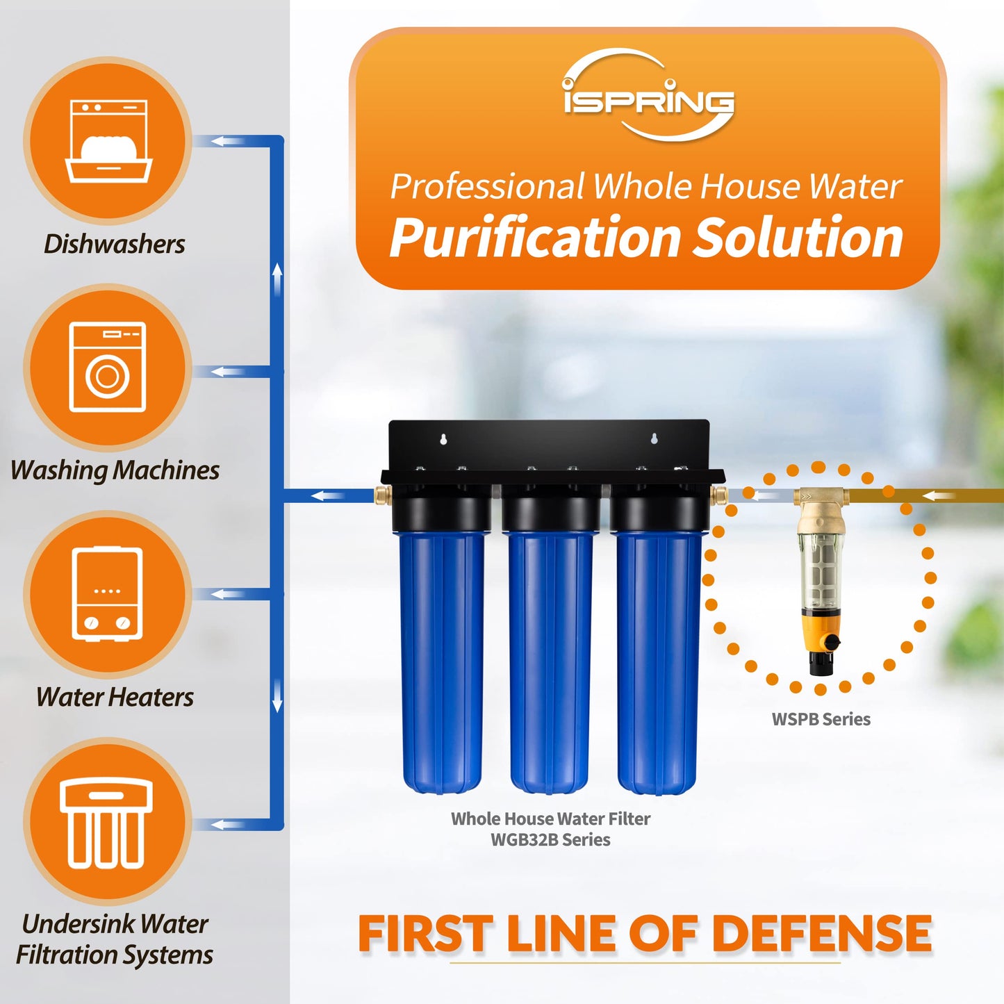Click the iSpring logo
coord(648,97)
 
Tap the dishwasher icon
coord(108,142)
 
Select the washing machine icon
coord(108,368)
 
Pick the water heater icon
coord(108,593)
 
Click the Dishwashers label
coord(115,244)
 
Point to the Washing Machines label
coord(115,470)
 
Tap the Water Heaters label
coord(115,697)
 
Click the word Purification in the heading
coord(535,238)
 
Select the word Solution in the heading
coord(799,238)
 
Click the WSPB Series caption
coord(821,719)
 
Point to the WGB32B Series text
coord(550,840)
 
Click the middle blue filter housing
coord(550,660)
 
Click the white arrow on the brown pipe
coord(941,496)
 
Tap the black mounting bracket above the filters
coord(549,445)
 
